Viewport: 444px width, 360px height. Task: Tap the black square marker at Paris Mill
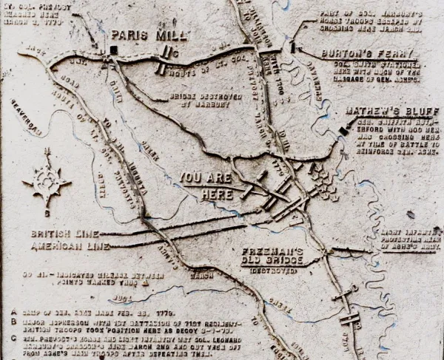(x=112, y=50)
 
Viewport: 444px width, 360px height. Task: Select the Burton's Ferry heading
(x=369, y=54)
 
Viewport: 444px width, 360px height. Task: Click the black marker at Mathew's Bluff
(x=342, y=131)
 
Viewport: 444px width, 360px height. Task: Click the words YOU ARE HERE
(x=205, y=186)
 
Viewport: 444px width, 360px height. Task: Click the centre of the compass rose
(x=47, y=180)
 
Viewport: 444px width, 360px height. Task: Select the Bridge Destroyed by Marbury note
(x=195, y=100)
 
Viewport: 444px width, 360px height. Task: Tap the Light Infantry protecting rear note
(x=411, y=241)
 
